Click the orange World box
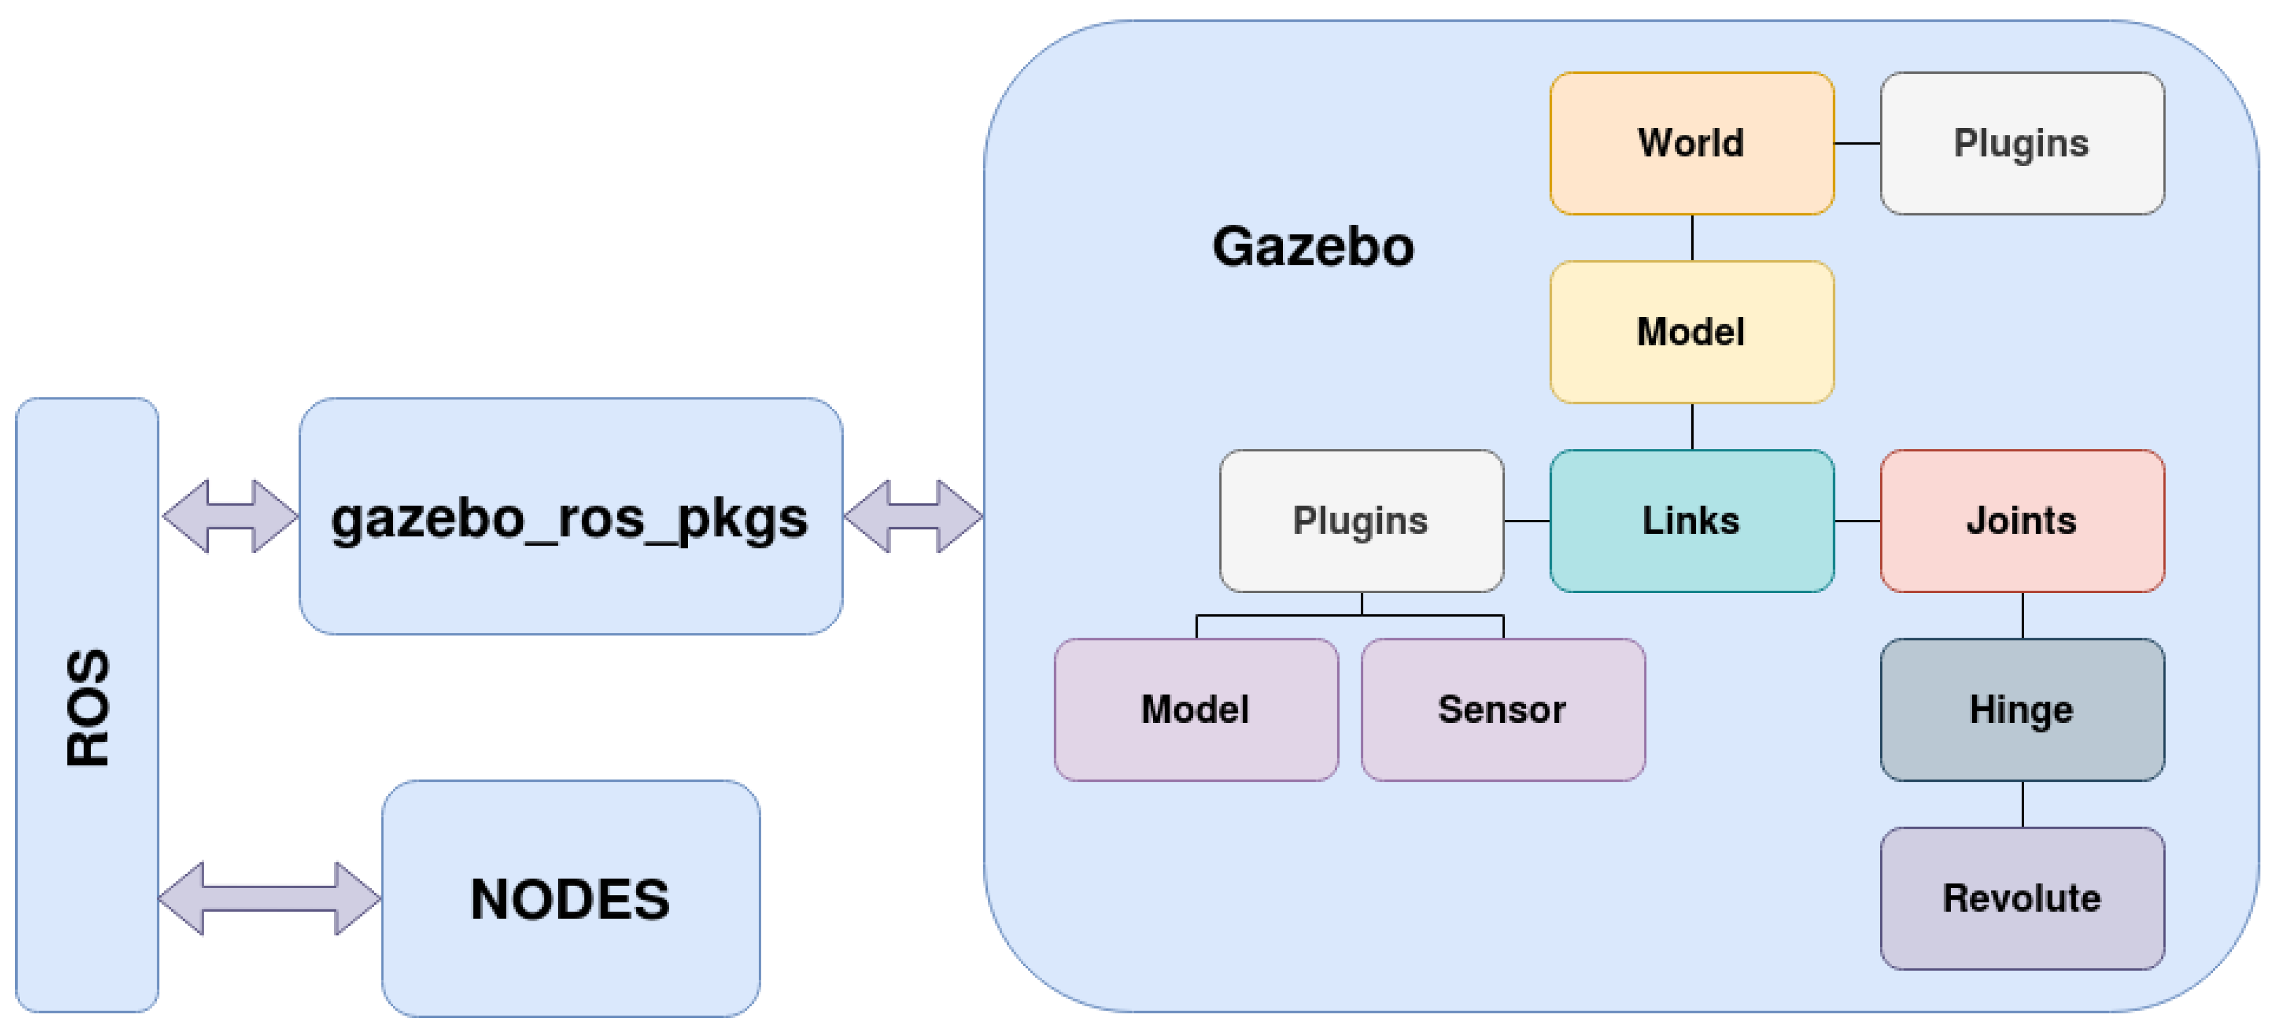pyautogui.click(x=1691, y=144)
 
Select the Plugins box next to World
pyautogui.click(x=2021, y=144)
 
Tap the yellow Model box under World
pyautogui.click(x=1691, y=332)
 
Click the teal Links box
pyautogui.click(x=1691, y=520)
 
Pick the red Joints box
pyautogui.click(x=2021, y=520)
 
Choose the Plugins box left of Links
pyautogui.click(x=1361, y=520)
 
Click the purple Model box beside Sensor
pyautogui.click(x=1195, y=709)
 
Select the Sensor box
pyautogui.click(x=1503, y=709)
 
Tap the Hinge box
pyautogui.click(x=2021, y=709)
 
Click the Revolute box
pyautogui.click(x=2021, y=898)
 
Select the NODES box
pyautogui.click(x=570, y=898)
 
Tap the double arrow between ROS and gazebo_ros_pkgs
pyautogui.click(x=231, y=516)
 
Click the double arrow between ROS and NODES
pyautogui.click(x=269, y=898)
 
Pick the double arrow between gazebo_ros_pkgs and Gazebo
pyautogui.click(x=913, y=516)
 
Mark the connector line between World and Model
pyautogui.click(x=1692, y=237)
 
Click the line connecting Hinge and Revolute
pyautogui.click(x=2022, y=804)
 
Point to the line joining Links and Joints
pyautogui.click(x=1857, y=520)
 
